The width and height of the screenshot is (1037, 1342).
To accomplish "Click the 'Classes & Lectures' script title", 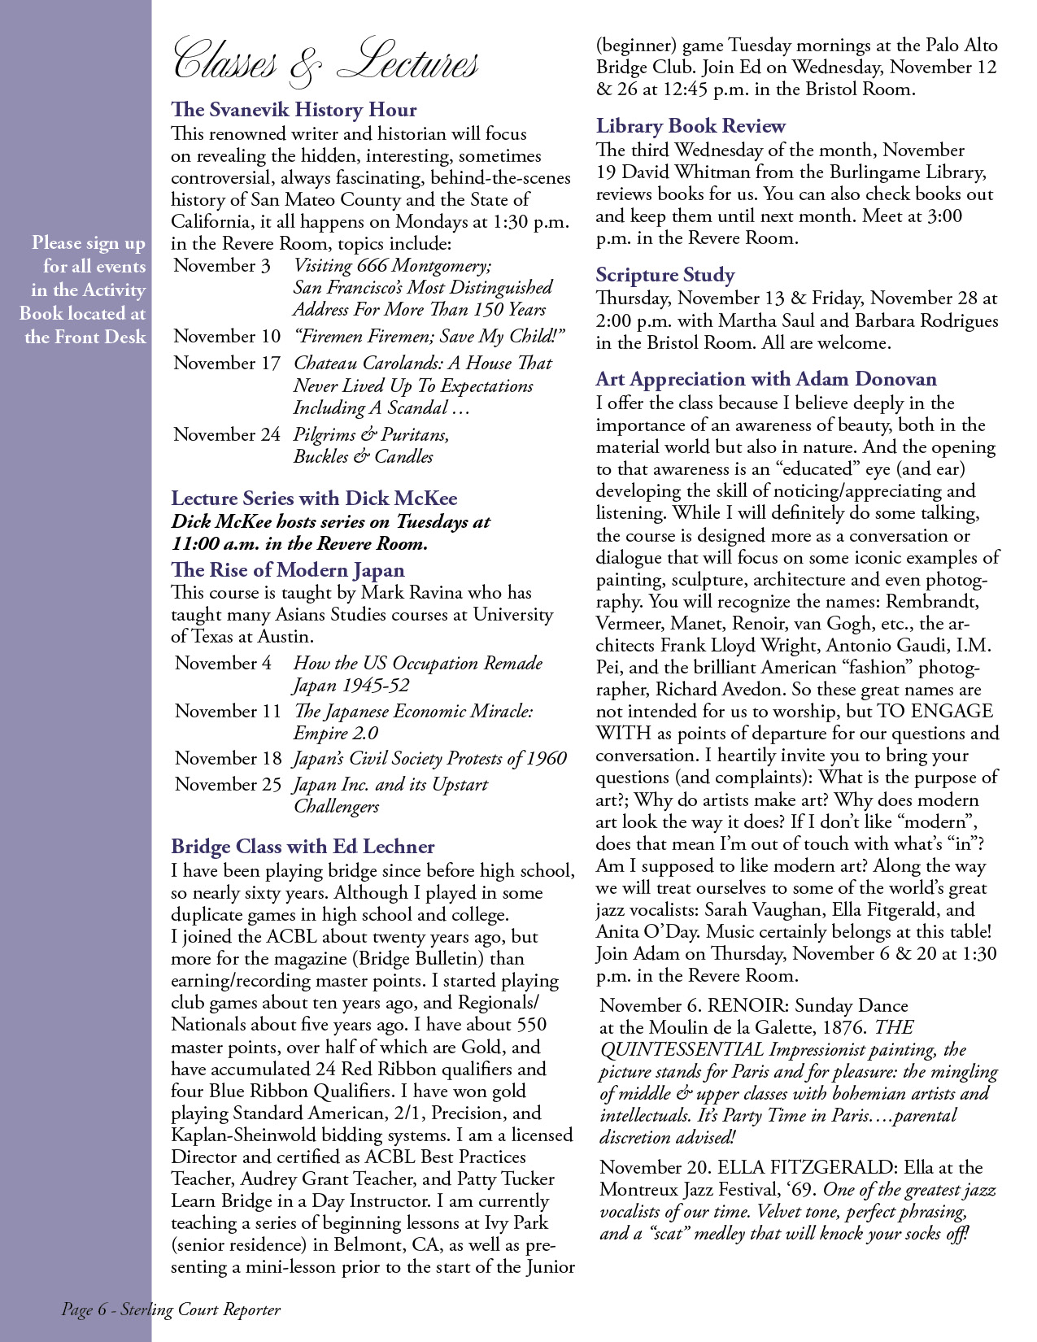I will point(325,62).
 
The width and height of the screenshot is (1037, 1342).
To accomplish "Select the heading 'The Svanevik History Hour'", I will point(294,110).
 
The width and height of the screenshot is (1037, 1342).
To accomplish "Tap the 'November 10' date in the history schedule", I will point(227,337).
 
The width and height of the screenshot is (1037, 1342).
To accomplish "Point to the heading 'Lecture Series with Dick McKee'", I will point(314,499).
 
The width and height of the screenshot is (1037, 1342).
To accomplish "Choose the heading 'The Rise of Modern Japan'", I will point(288,570).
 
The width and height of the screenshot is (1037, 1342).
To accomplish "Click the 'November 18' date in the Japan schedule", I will point(228,759).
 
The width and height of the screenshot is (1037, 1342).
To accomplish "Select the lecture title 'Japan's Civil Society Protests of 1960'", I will point(430,759).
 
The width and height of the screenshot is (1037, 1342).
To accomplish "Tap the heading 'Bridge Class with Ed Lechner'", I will point(303,847).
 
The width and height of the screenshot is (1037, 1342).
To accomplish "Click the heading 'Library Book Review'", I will point(691,126).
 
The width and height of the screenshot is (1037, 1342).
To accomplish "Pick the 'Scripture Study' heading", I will point(664,275).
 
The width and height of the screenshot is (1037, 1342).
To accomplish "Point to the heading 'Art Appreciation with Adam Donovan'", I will point(765,380).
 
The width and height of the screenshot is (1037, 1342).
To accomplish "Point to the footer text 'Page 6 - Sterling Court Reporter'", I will point(171,1309).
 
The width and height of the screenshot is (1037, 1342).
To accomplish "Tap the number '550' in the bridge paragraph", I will point(531,1025).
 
